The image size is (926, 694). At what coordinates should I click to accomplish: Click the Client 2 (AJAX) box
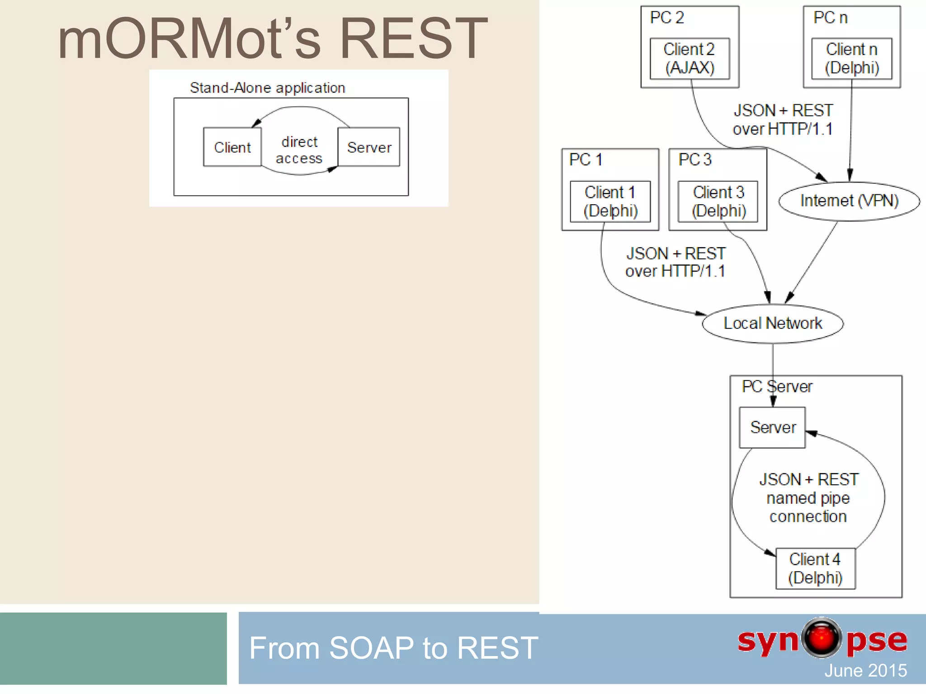(690, 58)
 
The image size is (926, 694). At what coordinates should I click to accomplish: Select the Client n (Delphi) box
(852, 58)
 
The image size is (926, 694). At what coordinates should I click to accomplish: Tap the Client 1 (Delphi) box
(610, 202)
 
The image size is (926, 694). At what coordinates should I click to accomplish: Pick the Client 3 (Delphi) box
(718, 202)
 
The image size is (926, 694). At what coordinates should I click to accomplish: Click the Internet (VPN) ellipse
(849, 201)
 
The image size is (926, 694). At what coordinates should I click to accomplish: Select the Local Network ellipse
(773, 324)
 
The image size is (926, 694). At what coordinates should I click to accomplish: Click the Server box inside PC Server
(772, 427)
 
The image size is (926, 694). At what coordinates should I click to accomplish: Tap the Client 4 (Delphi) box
(815, 568)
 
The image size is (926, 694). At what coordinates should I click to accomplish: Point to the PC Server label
(777, 387)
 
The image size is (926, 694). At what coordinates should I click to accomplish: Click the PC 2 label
(667, 18)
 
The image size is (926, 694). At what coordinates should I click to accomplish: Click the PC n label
(830, 18)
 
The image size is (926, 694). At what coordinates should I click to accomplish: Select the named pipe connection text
(808, 498)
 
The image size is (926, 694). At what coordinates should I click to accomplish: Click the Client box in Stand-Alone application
(232, 147)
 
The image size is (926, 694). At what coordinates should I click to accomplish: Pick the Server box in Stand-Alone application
(369, 147)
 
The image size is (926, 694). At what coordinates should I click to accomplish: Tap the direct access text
(299, 150)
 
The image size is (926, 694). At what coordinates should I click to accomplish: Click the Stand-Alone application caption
(267, 88)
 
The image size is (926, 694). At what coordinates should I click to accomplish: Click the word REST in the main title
(413, 39)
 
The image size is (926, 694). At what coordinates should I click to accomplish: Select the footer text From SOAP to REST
(393, 648)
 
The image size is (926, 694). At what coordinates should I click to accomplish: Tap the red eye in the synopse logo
(822, 638)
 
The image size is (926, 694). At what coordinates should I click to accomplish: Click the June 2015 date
(865, 671)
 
